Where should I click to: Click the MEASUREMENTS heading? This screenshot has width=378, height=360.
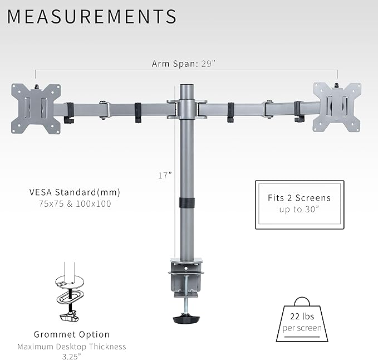[x=92, y=17]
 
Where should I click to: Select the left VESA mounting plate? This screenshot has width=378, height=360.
[x=36, y=108]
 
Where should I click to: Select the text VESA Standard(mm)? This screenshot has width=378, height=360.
[x=75, y=192]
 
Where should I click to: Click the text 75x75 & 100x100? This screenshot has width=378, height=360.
[x=75, y=204]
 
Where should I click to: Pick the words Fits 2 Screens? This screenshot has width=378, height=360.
[x=300, y=198]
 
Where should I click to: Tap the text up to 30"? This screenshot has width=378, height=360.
[x=300, y=210]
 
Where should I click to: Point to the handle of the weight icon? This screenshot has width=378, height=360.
[x=302, y=301]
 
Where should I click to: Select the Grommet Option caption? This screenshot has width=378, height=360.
[x=71, y=335]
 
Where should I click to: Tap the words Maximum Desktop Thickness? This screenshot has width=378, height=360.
[x=71, y=347]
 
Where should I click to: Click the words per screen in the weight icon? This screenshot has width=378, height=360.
[x=302, y=328]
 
